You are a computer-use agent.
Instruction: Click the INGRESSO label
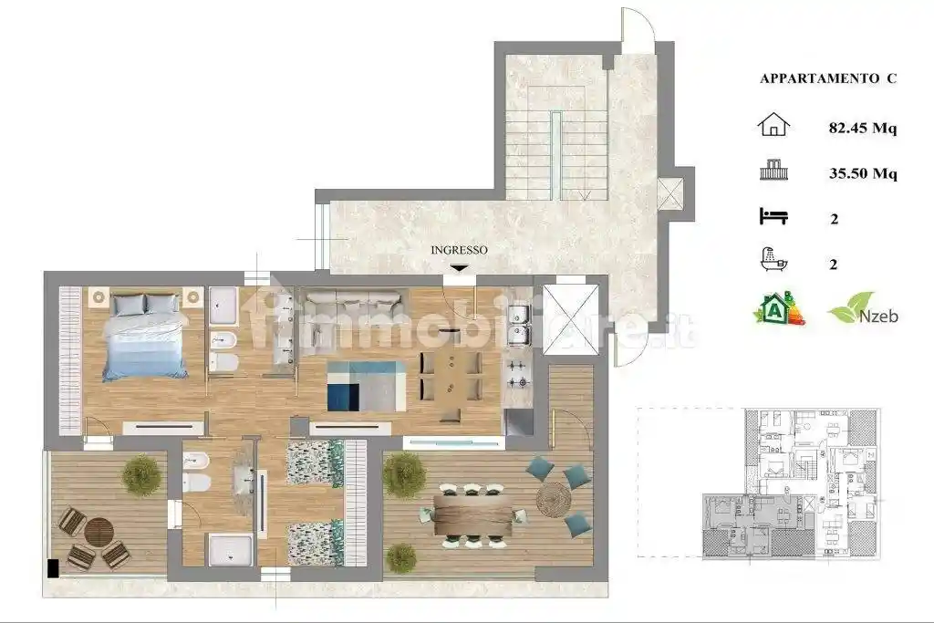[459, 250]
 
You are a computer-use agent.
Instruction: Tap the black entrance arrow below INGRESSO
[459, 268]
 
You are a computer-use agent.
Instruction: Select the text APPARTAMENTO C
[828, 78]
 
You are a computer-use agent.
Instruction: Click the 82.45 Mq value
[863, 128]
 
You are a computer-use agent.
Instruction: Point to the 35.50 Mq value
[863, 173]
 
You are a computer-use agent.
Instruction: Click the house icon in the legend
[773, 124]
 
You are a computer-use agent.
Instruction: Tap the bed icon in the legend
[773, 216]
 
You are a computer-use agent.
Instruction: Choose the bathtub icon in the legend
[773, 260]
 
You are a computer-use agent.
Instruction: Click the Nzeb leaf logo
[863, 308]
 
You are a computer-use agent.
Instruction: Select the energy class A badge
[780, 308]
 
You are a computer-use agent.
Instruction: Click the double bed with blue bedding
[145, 337]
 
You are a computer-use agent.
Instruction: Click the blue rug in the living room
[367, 386]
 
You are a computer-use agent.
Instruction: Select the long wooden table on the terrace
[472, 514]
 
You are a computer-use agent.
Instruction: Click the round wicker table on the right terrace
[554, 499]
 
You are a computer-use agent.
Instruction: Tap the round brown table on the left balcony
[99, 532]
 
